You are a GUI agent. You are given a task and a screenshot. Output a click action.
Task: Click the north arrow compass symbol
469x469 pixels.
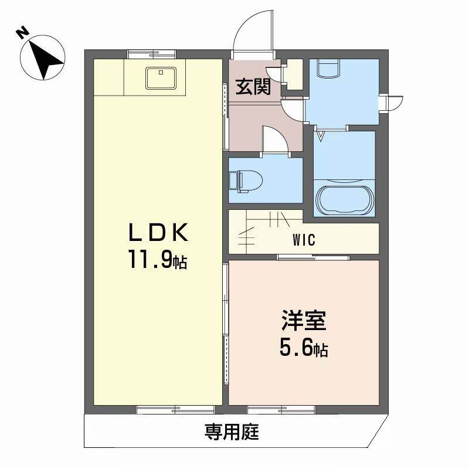click(x=43, y=57)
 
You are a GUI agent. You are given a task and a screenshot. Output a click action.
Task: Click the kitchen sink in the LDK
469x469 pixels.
click(x=160, y=78)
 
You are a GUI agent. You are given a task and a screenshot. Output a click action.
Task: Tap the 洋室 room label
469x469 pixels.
click(x=303, y=323)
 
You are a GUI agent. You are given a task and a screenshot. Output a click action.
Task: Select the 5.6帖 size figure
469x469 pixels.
click(x=303, y=349)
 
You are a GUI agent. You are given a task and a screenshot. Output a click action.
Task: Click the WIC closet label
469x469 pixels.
click(x=303, y=240)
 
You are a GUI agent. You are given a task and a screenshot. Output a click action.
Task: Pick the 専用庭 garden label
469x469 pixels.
click(x=232, y=433)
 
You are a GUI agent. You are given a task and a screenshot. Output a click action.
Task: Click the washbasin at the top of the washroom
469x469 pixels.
click(x=328, y=68)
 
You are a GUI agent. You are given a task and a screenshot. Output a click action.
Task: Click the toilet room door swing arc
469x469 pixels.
click(x=273, y=139)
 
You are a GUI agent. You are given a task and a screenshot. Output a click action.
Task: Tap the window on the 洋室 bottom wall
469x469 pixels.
click(x=281, y=409)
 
